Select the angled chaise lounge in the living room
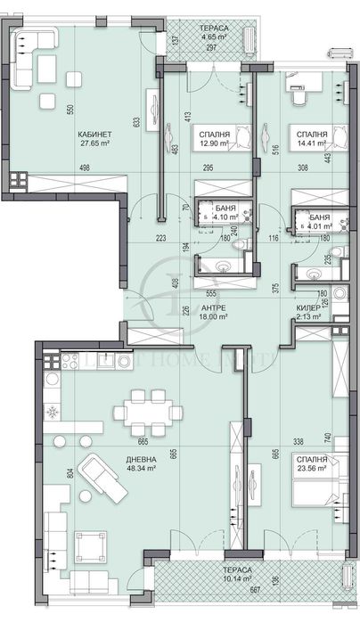click(98, 473)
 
